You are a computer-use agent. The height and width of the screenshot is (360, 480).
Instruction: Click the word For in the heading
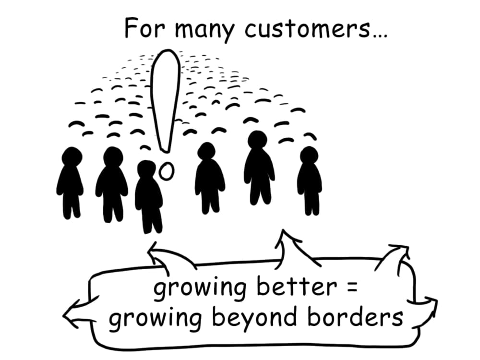(x=145, y=28)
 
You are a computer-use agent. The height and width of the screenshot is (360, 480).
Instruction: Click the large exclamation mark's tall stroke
(x=165, y=101)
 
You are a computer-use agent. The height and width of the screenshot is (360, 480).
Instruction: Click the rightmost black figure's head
(x=309, y=156)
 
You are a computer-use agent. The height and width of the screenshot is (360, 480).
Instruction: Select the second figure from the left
(x=111, y=184)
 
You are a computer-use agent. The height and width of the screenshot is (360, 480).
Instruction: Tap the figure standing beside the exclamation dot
(x=148, y=196)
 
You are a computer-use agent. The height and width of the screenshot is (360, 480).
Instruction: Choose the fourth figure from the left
(x=209, y=178)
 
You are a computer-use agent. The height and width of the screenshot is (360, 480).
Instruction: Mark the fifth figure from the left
(x=259, y=168)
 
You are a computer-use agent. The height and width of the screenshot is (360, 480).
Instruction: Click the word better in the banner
(x=297, y=287)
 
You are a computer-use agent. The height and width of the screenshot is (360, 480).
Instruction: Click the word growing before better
(x=200, y=289)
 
